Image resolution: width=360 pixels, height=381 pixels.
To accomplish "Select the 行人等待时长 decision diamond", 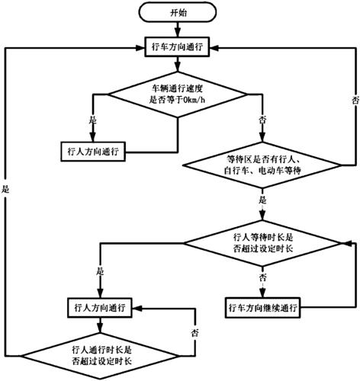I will pos(262,244).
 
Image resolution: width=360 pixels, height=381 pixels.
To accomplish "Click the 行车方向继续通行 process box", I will pos(263,309).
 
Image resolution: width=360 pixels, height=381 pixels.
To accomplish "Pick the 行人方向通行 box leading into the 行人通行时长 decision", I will pos(95,308).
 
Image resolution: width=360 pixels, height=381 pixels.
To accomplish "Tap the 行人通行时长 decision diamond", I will pos(95,352).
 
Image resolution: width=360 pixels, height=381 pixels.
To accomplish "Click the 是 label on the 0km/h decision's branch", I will pos(94,120).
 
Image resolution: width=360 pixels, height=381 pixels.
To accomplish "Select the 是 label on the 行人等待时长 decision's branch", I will pos(98,271).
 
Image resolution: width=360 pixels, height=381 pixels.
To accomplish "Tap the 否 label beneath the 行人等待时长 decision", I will pos(262,279).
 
